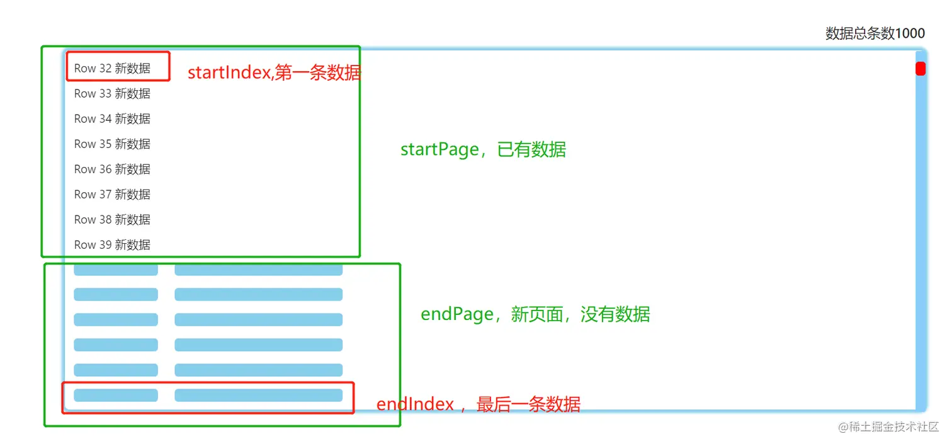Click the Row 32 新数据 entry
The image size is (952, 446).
click(x=112, y=68)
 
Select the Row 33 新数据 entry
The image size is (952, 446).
click(x=112, y=93)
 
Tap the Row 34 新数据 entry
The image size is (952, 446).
click(x=112, y=118)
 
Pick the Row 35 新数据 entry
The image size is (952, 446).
click(x=112, y=144)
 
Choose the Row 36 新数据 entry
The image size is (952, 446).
click(x=112, y=169)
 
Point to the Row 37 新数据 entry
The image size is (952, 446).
click(x=112, y=194)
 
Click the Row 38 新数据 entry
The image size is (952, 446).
click(x=112, y=219)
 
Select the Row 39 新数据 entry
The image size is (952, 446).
click(x=112, y=244)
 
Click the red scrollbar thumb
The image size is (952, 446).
click(x=920, y=69)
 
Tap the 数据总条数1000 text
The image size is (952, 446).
click(x=875, y=33)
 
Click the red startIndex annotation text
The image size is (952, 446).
click(x=275, y=72)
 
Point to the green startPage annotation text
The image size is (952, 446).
click(x=483, y=150)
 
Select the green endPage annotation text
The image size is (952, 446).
click(x=535, y=314)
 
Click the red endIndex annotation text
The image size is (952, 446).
click(x=478, y=404)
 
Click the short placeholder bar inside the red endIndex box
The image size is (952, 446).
click(x=116, y=395)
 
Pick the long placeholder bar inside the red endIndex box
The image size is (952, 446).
click(x=258, y=395)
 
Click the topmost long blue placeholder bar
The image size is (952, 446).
click(x=258, y=270)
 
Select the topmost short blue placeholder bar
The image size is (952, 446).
click(x=116, y=270)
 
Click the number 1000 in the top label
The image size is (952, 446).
click(x=910, y=33)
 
